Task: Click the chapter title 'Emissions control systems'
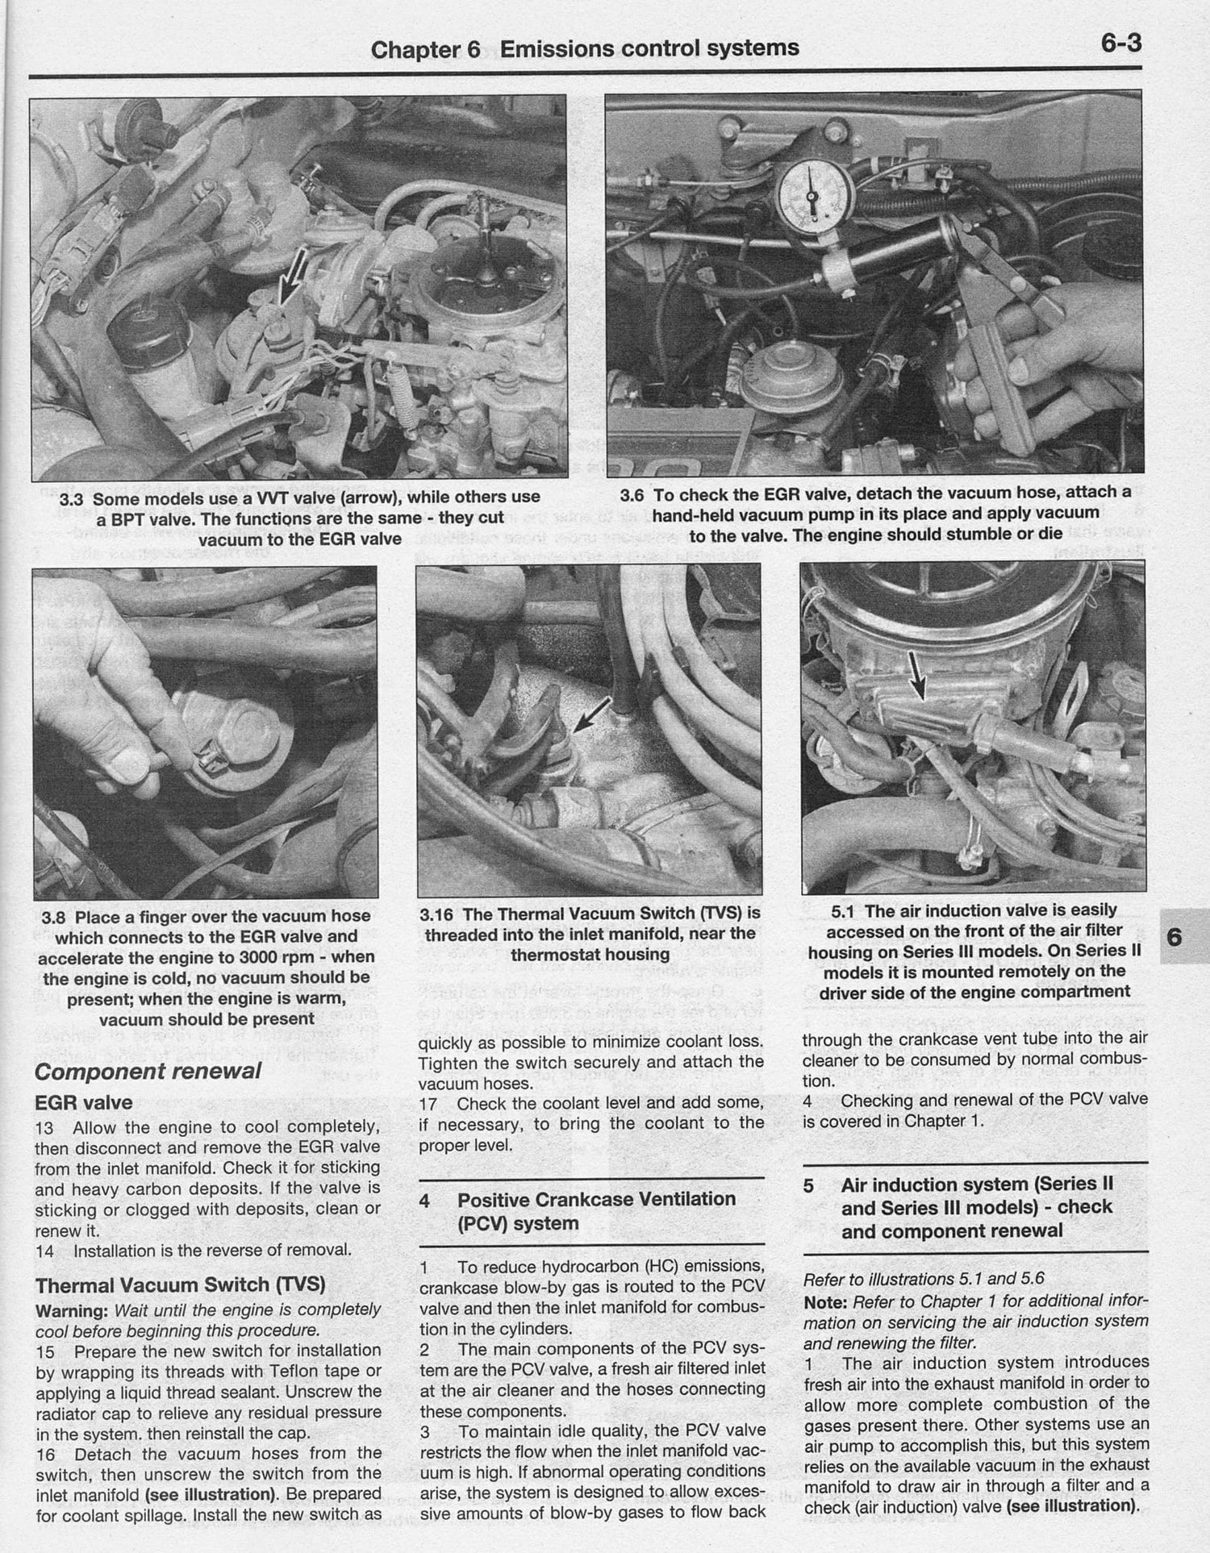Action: pyautogui.click(x=649, y=48)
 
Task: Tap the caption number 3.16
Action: pyautogui.click(x=438, y=914)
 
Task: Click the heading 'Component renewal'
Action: pyautogui.click(x=148, y=1071)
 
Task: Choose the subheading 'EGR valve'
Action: pyautogui.click(x=84, y=1102)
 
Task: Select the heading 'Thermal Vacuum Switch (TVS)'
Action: pyautogui.click(x=181, y=1284)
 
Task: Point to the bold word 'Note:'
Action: pyautogui.click(x=826, y=1301)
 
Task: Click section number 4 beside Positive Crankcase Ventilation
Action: pyautogui.click(x=424, y=1201)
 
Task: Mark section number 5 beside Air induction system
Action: pyautogui.click(x=809, y=1185)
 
